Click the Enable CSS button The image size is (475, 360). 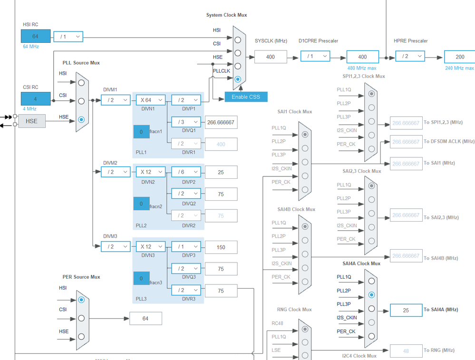click(x=246, y=97)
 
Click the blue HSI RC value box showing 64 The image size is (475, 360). click(x=35, y=36)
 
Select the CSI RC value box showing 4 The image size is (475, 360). click(x=35, y=99)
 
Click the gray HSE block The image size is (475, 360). click(x=31, y=121)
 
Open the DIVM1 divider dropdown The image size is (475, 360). click(x=116, y=100)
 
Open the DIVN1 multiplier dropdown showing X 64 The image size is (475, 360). click(x=151, y=100)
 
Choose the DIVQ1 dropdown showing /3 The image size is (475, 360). click(x=186, y=122)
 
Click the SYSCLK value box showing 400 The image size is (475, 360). click(x=271, y=57)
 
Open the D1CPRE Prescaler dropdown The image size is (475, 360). click(x=315, y=56)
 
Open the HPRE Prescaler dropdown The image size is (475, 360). click(x=410, y=56)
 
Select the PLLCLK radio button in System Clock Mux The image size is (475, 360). click(x=238, y=79)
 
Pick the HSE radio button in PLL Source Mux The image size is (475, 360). click(x=81, y=119)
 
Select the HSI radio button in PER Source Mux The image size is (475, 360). click(x=81, y=300)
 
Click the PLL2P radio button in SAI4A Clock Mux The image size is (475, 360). click(x=371, y=295)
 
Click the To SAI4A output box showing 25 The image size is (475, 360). click(x=406, y=310)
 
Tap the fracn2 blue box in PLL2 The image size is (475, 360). click(x=141, y=204)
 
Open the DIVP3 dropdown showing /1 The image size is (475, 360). click(x=186, y=247)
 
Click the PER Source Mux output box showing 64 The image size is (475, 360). click(x=145, y=318)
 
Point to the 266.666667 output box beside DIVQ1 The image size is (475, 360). click(x=221, y=122)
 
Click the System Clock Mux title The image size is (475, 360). click(x=226, y=15)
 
